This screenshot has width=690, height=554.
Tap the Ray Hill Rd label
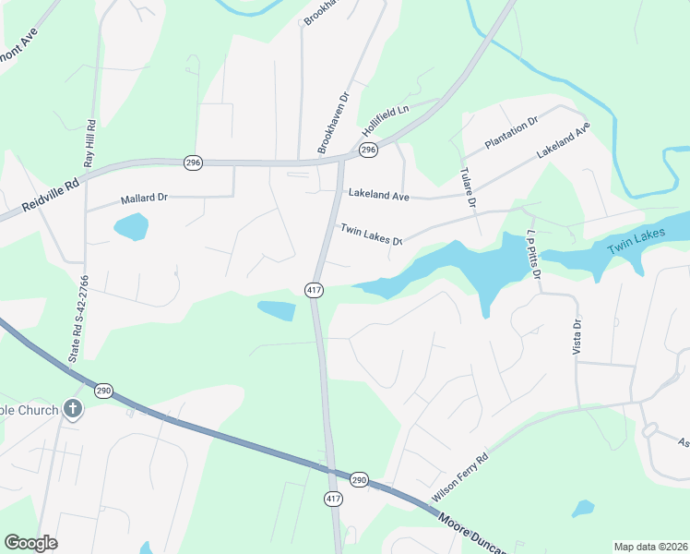pyautogui.click(x=90, y=143)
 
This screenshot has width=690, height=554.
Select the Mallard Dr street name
pyautogui.click(x=144, y=199)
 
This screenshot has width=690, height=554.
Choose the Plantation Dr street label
pyautogui.click(x=511, y=133)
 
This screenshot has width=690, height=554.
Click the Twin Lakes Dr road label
pyautogui.click(x=372, y=235)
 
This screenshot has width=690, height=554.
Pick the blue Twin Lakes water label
pyautogui.click(x=636, y=244)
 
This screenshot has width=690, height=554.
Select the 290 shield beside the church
pyautogui.click(x=103, y=390)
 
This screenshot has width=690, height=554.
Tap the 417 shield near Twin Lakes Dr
pyautogui.click(x=314, y=290)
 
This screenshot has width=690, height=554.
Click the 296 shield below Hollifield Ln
pyautogui.click(x=368, y=150)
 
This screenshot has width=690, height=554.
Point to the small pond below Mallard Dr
pyautogui.click(x=131, y=226)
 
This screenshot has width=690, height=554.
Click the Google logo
pyautogui.click(x=30, y=543)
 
